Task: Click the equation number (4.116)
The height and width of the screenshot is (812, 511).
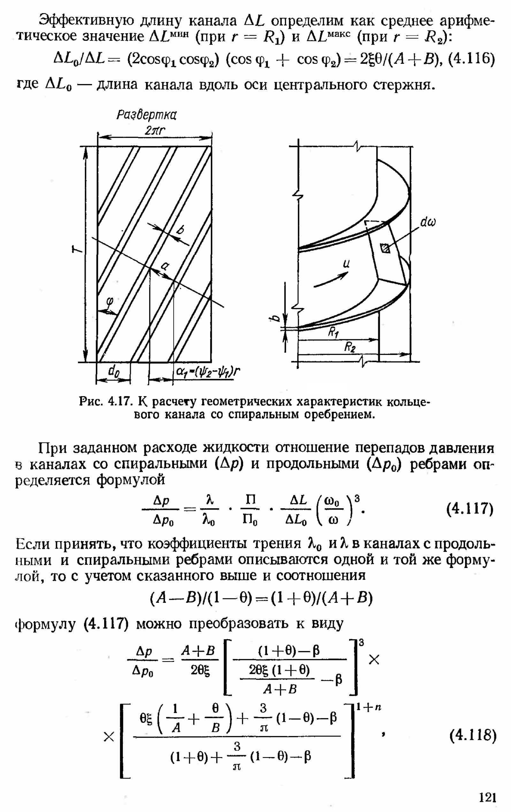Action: coord(472,59)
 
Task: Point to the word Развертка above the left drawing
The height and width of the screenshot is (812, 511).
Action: coord(147,115)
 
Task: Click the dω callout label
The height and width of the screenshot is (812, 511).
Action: coord(428,222)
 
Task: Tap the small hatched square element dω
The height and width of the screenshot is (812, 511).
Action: coord(385,249)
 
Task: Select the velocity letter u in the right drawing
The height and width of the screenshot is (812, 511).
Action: coord(346,263)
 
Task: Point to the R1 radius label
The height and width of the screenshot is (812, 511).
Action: coord(334,333)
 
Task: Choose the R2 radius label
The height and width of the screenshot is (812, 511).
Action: coord(350,347)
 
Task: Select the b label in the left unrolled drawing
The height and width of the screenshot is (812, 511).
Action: coord(181,230)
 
